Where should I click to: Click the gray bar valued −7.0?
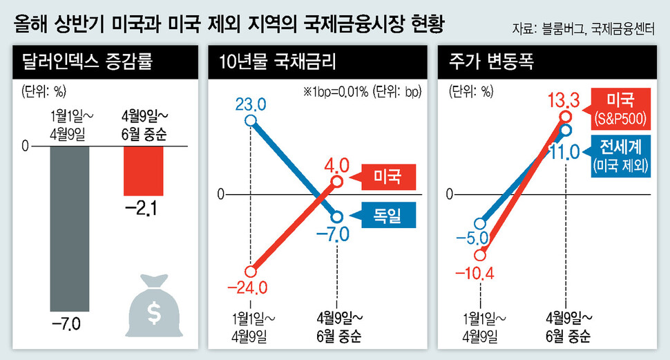coord(69,228)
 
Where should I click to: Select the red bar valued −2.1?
coord(144,171)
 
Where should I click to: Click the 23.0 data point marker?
coord(251,122)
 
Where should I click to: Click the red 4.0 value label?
coord(336,166)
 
